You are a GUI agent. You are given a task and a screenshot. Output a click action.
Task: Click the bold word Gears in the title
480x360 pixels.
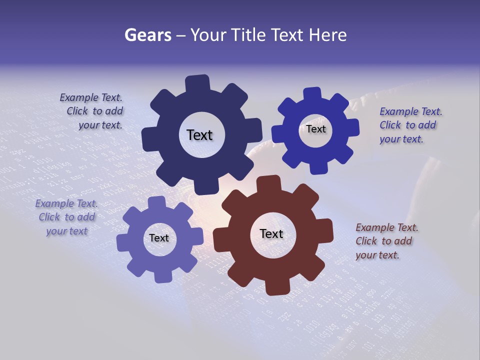[x=147, y=35]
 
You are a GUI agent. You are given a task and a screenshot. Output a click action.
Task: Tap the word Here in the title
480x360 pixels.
[x=328, y=35]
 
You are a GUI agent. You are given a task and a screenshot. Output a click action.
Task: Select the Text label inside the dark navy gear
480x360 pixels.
[x=199, y=135]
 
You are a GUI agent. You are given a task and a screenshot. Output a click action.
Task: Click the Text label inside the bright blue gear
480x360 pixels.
[x=316, y=129]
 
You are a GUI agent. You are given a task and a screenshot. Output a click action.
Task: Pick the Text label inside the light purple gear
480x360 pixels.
[x=159, y=238]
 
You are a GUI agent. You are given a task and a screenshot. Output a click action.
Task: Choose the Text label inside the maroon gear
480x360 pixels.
[x=271, y=233]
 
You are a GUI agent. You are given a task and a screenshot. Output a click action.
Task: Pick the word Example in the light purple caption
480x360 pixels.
[x=54, y=203]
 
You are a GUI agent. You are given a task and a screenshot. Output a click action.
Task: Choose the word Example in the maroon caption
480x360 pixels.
[x=375, y=227]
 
